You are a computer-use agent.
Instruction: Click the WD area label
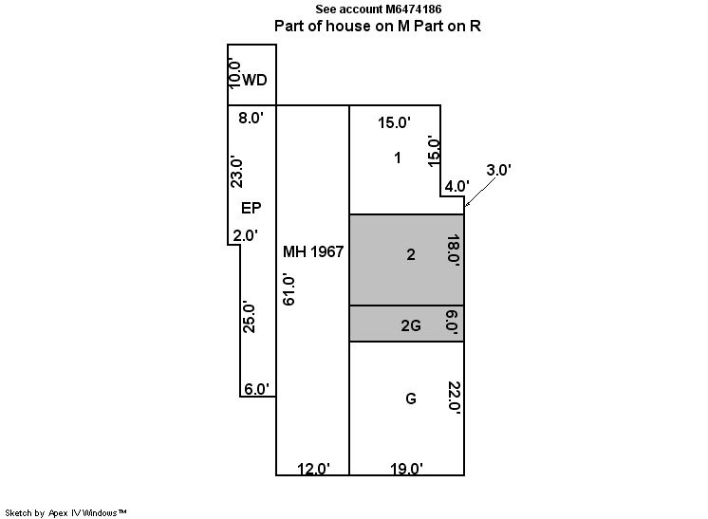coord(254,81)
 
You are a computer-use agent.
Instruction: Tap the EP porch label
coord(252,208)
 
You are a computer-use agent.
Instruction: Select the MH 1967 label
coord(313,251)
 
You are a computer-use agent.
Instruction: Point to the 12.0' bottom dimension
coord(313,469)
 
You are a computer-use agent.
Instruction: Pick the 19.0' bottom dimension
coord(407,469)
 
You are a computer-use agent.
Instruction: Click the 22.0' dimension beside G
coord(454,398)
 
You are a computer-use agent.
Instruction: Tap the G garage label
coord(411,399)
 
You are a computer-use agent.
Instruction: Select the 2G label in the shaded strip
coord(411,325)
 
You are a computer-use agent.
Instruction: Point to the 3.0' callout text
coord(499,170)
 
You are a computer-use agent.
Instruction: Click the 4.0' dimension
coord(456,186)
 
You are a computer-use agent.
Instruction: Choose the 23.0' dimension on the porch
coord(236,173)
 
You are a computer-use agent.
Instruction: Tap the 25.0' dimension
coord(249,318)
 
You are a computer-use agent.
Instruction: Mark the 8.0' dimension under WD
coord(252,118)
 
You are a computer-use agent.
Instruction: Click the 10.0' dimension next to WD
coord(234,73)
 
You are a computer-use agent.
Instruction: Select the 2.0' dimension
coord(246,235)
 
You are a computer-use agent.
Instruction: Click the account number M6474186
coord(414,9)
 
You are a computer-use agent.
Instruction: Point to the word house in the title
coord(347,26)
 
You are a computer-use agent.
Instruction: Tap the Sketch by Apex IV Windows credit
coord(65,513)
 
